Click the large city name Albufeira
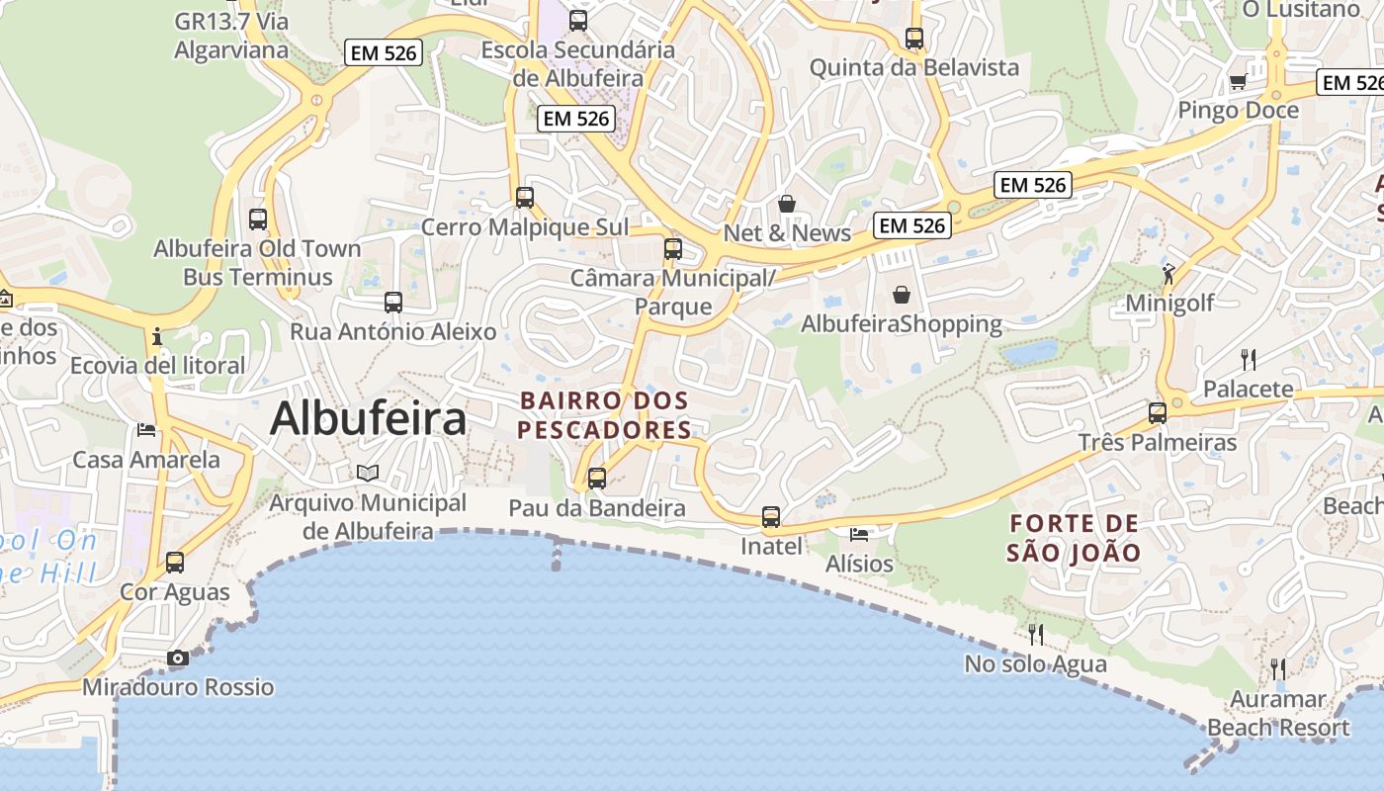click(368, 418)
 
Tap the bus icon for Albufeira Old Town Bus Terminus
click(258, 219)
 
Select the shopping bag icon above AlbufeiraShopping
click(902, 295)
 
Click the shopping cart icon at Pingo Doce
click(1237, 81)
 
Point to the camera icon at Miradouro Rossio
click(178, 658)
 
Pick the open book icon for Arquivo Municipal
click(368, 474)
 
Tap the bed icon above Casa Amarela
click(146, 429)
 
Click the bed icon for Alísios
click(859, 535)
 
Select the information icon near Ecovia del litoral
click(157, 336)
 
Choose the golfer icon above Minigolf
click(1169, 273)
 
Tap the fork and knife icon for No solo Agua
click(1036, 634)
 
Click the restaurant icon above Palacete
click(1249, 359)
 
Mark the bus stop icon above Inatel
click(771, 516)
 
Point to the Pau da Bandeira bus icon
click(597, 479)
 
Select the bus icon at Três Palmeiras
click(1158, 412)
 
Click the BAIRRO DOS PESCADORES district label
click(605, 415)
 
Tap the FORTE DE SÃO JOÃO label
click(1075, 538)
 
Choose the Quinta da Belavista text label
click(914, 67)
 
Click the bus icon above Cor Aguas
click(175, 563)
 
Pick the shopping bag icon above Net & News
click(787, 204)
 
